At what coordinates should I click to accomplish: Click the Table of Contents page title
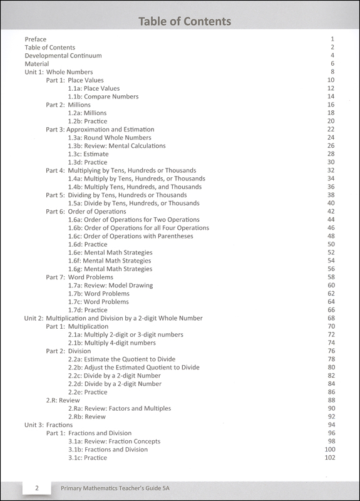click(185, 22)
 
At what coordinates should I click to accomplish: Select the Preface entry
click(36, 39)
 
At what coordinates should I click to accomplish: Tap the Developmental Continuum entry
click(63, 56)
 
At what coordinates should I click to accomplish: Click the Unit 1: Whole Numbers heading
click(59, 72)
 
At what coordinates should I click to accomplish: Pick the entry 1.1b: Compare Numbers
click(103, 96)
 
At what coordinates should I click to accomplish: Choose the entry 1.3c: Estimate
click(88, 153)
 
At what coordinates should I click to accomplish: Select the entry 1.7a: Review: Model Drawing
click(110, 285)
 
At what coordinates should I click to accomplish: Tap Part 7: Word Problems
click(80, 277)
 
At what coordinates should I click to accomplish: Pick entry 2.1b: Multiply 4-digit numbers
click(112, 343)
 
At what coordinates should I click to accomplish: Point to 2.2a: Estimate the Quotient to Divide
click(121, 359)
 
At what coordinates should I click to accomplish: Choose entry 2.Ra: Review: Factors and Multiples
click(120, 408)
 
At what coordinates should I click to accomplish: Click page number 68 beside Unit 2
click(332, 318)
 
